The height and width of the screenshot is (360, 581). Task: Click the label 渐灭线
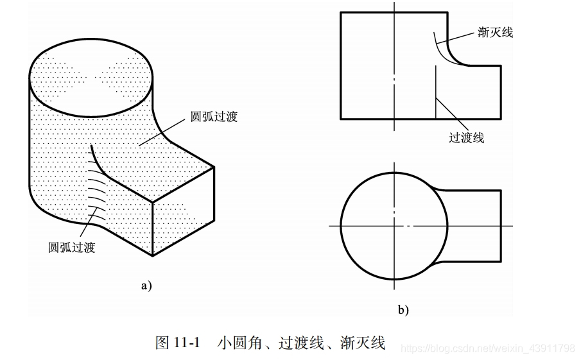495,32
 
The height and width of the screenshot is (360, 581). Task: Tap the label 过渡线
467,137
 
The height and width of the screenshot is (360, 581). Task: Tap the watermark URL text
487,348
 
